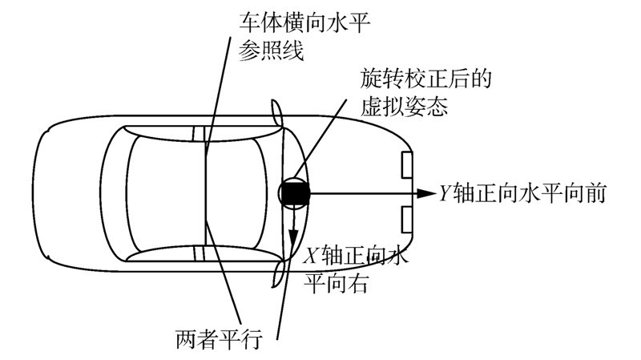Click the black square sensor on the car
[294, 193]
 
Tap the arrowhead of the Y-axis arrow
[425, 193]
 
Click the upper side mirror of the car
[277, 113]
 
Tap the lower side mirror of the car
[277, 272]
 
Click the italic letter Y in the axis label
[446, 193]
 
